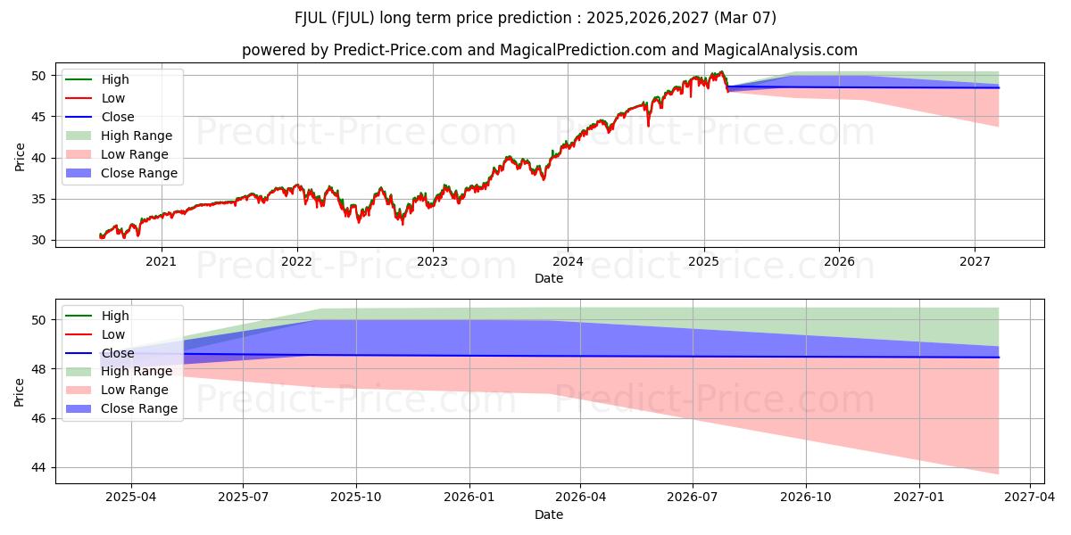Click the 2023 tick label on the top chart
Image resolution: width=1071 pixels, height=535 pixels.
(x=432, y=261)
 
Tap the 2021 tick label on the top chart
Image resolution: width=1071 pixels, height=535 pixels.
(x=161, y=261)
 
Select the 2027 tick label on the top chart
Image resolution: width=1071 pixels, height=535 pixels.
(x=975, y=261)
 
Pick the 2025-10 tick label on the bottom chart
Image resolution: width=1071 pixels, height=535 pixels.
(x=355, y=498)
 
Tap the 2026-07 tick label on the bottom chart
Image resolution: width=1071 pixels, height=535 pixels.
(x=693, y=498)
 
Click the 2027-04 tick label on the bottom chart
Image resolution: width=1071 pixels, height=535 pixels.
(x=1030, y=498)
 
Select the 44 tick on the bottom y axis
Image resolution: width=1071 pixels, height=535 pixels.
(x=41, y=468)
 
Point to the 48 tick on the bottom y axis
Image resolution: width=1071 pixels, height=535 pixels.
(x=41, y=369)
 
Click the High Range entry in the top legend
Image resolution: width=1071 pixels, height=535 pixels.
(x=137, y=136)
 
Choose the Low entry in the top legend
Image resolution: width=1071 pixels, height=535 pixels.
(x=113, y=98)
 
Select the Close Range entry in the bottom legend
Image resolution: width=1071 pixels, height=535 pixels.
(x=139, y=408)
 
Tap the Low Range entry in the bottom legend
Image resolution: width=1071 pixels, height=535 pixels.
(x=135, y=390)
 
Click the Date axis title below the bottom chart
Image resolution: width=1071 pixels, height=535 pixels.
(x=549, y=514)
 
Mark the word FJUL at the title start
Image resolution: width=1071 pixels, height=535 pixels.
(x=312, y=18)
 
